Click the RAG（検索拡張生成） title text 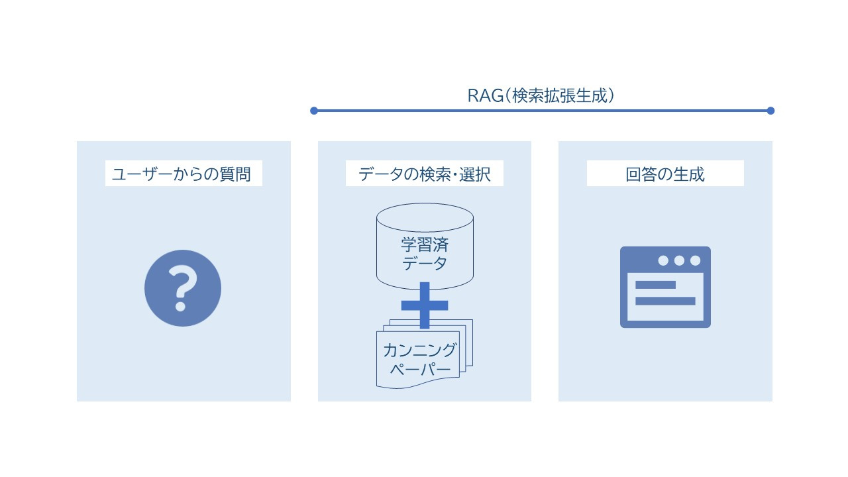click(x=541, y=95)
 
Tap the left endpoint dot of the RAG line click(x=314, y=111)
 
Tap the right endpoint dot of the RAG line click(x=770, y=111)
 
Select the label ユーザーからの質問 click(x=182, y=174)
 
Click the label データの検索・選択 click(x=425, y=174)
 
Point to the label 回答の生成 click(x=665, y=174)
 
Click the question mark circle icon click(x=183, y=288)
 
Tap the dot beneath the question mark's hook click(x=181, y=305)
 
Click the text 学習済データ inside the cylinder click(x=425, y=254)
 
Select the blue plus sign click(x=425, y=305)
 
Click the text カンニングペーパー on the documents click(x=419, y=359)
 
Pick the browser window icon click(x=665, y=287)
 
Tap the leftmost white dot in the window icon click(x=663, y=260)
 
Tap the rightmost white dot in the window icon click(x=695, y=260)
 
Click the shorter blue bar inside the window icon click(x=655, y=285)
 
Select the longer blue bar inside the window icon click(x=665, y=301)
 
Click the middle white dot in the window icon click(x=679, y=260)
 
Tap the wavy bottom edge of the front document click(x=418, y=384)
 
